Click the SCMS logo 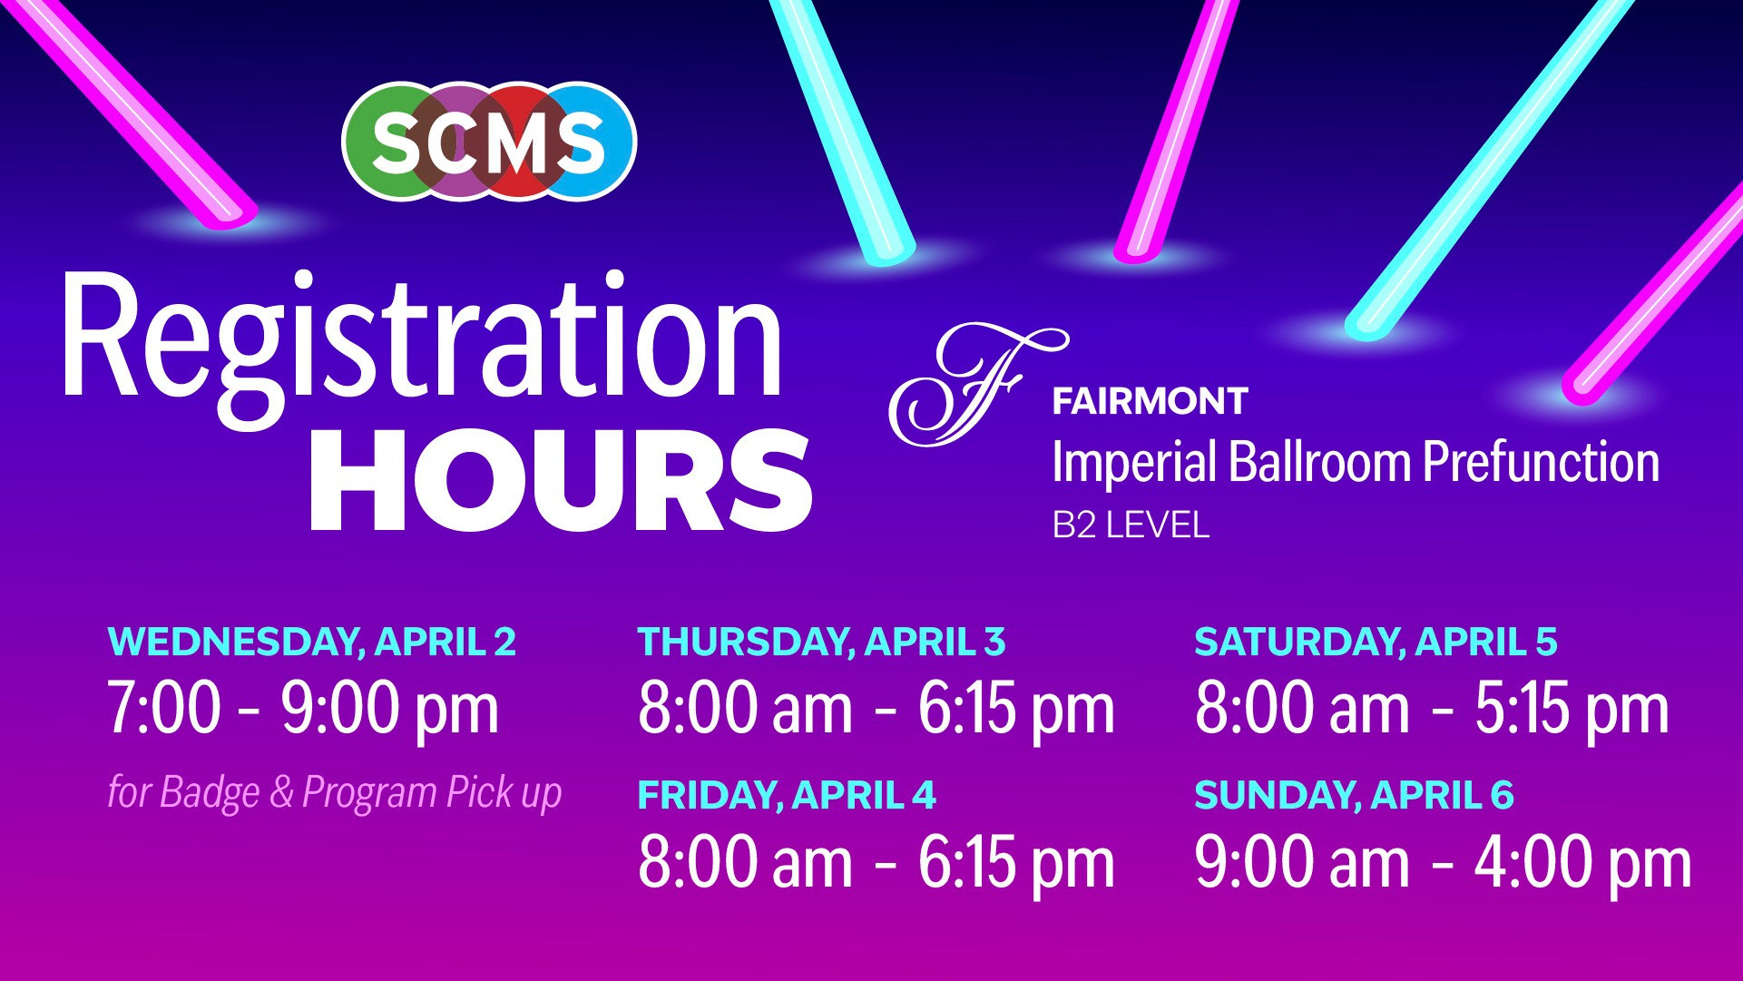click(x=489, y=141)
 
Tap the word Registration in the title click(x=422, y=338)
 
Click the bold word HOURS click(x=561, y=479)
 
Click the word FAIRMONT click(x=1150, y=400)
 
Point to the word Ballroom click(x=1320, y=461)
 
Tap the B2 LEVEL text click(x=1131, y=525)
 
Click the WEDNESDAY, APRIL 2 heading click(x=312, y=642)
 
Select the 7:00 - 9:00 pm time click(x=303, y=709)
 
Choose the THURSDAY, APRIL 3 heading click(x=822, y=642)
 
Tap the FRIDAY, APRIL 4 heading click(x=787, y=795)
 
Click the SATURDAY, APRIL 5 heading click(x=1376, y=642)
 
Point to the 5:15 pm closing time click(x=1572, y=709)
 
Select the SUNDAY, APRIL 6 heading click(x=1354, y=795)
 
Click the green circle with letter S click(x=390, y=141)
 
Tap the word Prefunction click(x=1541, y=461)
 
